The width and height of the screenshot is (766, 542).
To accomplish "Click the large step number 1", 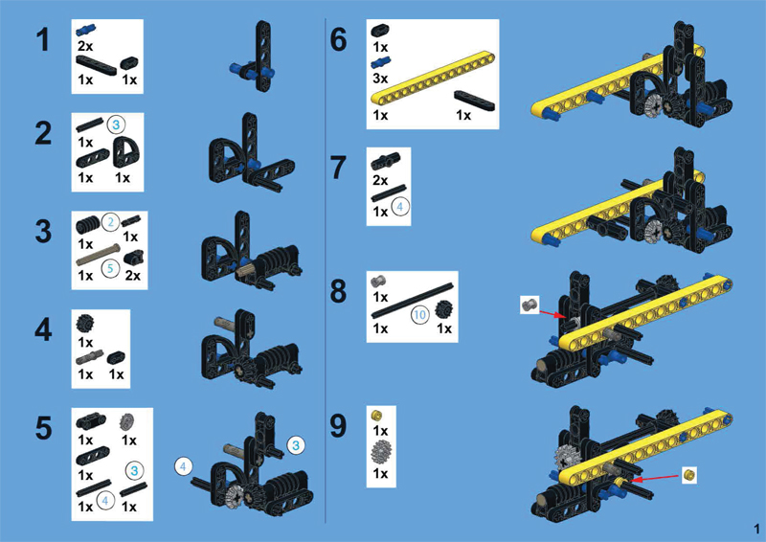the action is (x=43, y=39).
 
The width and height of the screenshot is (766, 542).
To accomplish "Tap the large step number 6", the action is (x=339, y=39).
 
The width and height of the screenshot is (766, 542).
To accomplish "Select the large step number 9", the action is (x=339, y=426).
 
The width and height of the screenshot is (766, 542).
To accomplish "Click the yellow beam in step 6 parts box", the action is (x=433, y=78).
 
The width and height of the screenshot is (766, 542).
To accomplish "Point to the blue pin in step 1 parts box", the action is (x=85, y=31).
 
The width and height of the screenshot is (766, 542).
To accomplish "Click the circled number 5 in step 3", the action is (x=110, y=268).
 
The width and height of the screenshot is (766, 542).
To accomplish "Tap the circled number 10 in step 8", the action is (x=420, y=315).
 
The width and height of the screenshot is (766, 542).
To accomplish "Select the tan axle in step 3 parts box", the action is (x=99, y=255).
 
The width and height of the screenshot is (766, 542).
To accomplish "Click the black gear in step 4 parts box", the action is (x=85, y=324).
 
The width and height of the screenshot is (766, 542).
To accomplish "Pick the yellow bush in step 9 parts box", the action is (x=376, y=416).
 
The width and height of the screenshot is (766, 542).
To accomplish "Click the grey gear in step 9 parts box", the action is (x=380, y=452).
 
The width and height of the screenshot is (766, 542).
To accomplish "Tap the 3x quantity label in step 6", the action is (x=380, y=79).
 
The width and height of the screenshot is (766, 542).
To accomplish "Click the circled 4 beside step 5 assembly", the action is (x=183, y=466).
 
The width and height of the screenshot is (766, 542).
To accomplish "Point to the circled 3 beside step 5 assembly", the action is (x=296, y=445).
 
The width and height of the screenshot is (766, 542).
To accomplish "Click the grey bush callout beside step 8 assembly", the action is (x=529, y=305).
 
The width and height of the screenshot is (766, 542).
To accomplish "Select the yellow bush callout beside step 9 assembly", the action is (x=688, y=474).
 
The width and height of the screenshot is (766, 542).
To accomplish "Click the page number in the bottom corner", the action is (x=756, y=529).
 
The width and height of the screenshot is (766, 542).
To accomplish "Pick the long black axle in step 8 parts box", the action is (x=412, y=300).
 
